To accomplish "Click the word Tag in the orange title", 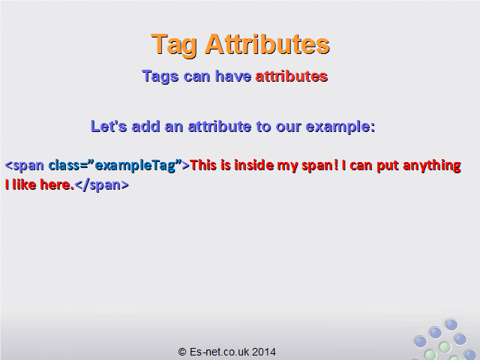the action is (x=174, y=45).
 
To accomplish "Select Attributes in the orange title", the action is (x=268, y=43).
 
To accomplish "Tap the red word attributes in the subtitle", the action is (x=292, y=76).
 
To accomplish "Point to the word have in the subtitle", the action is (x=233, y=76).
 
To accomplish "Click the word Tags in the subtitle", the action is (x=160, y=76).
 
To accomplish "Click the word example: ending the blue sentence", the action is (x=340, y=127).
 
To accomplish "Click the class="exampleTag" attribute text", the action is (x=115, y=166).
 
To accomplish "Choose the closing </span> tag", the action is (x=102, y=185).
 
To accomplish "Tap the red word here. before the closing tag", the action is (x=57, y=185).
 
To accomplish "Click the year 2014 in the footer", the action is (x=263, y=352).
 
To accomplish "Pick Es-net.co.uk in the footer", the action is (x=219, y=352).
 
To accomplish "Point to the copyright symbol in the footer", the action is (x=182, y=352).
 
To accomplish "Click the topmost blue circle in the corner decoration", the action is (x=451, y=325).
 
